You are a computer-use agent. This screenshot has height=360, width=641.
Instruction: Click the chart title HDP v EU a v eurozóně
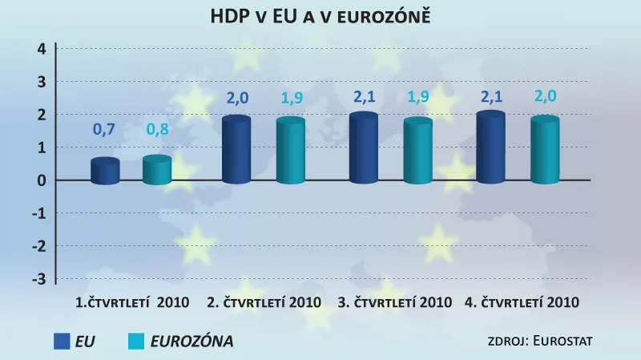[x=320, y=15]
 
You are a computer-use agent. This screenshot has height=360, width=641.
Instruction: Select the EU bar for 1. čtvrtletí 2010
[x=105, y=172]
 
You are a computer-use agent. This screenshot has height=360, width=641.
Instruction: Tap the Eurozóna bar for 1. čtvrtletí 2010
[x=157, y=171]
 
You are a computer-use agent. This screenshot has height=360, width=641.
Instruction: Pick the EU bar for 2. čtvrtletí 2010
[x=236, y=151]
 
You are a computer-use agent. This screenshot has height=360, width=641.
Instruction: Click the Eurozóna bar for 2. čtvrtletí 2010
[x=290, y=152]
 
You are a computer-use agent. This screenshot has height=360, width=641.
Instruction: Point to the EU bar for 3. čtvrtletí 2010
[x=363, y=149]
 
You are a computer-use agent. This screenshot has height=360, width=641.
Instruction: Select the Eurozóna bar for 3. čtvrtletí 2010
[x=417, y=152]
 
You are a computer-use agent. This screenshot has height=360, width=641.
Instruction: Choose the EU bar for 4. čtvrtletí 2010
[x=490, y=148]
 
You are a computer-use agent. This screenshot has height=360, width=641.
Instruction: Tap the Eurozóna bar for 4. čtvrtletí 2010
[x=545, y=151]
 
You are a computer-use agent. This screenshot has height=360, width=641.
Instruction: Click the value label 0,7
[x=105, y=130]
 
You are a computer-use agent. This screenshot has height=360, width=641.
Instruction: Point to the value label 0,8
[x=157, y=130]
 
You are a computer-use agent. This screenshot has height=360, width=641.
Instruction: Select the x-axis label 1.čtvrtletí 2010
[x=132, y=303]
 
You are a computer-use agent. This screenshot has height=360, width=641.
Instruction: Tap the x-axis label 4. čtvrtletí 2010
[x=522, y=303]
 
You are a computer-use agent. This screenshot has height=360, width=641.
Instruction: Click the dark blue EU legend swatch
[x=62, y=342]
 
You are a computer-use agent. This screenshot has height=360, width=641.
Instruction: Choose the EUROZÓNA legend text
[x=191, y=342]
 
